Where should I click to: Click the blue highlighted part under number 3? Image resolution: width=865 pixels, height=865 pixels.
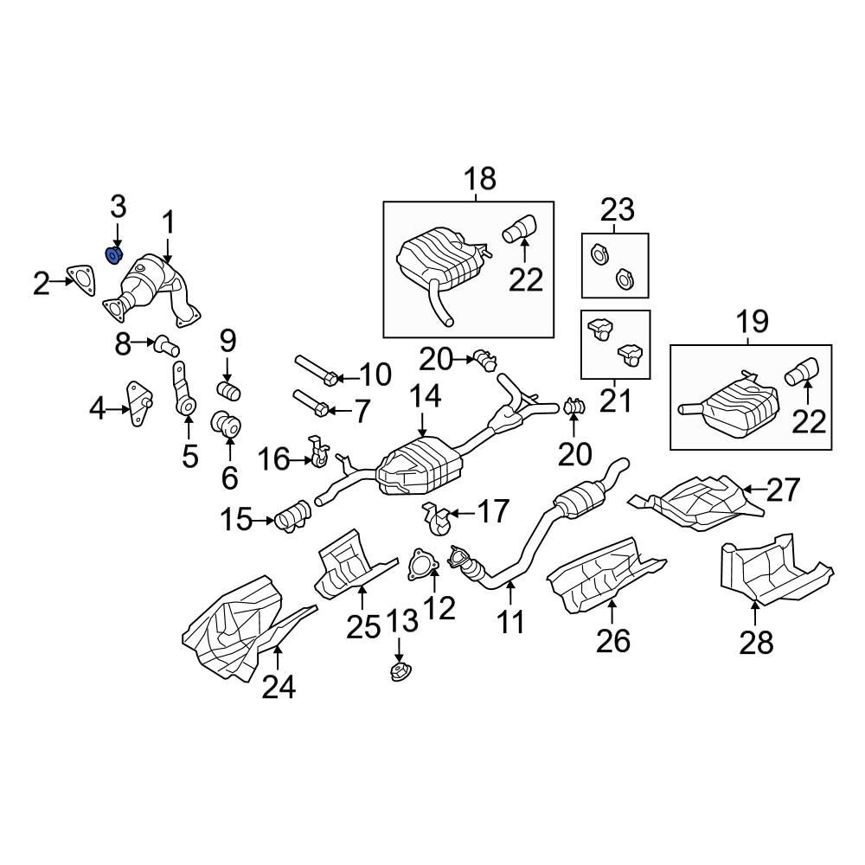click(112, 254)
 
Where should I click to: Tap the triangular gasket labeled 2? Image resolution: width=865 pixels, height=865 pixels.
click(81, 279)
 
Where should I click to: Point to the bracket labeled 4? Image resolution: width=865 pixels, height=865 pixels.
click(137, 404)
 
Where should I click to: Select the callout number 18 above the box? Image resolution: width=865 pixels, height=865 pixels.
click(480, 179)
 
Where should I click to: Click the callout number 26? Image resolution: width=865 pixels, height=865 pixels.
click(613, 640)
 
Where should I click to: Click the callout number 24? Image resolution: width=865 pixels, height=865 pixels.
click(279, 687)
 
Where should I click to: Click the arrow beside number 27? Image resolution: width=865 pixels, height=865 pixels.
click(753, 490)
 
